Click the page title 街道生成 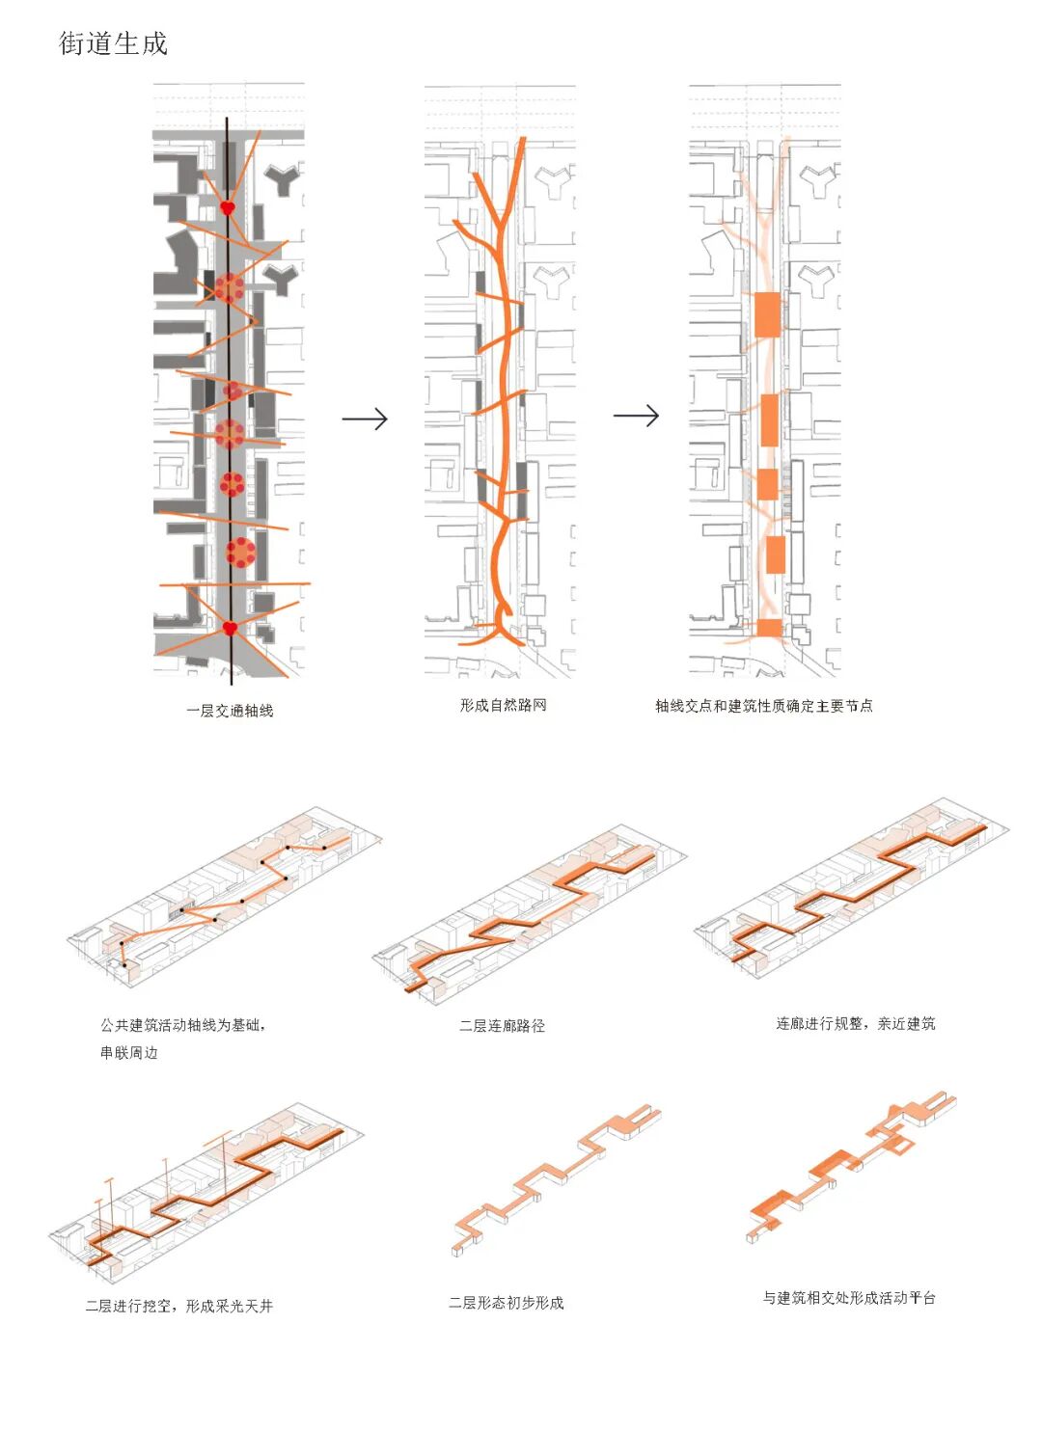point(113,43)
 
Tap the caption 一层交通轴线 point(230,711)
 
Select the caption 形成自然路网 point(503,705)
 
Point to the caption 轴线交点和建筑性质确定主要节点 point(763,706)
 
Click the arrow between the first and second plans point(365,419)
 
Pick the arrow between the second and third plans point(636,416)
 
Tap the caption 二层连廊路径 point(502,1025)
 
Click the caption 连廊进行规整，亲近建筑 point(855,1023)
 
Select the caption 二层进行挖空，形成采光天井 point(178,1306)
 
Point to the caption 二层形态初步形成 point(506,1303)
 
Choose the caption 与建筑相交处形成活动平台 point(849,1298)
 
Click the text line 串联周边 point(128,1052)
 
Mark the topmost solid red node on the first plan point(228,207)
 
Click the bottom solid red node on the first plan point(230,629)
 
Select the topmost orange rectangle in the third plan point(767,313)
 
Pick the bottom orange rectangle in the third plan point(769,628)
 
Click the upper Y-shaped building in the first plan point(283,177)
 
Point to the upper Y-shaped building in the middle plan point(555,179)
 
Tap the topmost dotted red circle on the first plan point(230,287)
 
